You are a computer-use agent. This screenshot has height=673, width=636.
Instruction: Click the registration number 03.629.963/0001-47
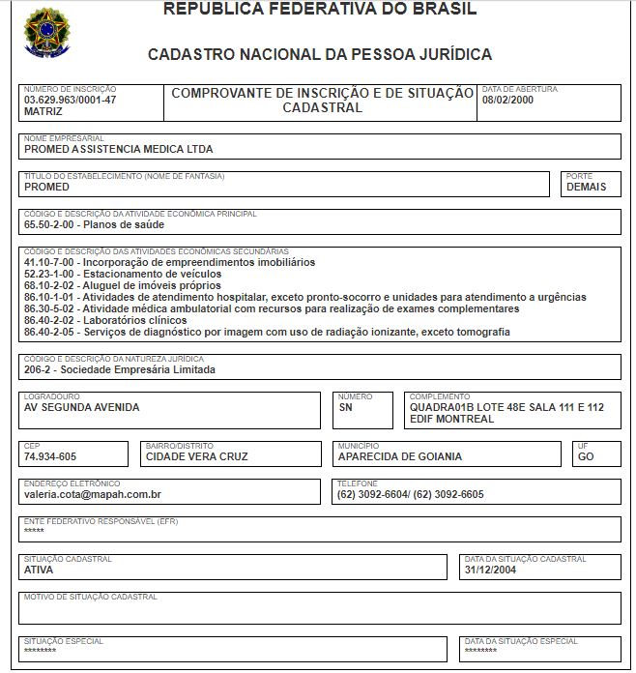click(70, 100)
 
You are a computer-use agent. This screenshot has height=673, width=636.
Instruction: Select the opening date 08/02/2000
click(507, 100)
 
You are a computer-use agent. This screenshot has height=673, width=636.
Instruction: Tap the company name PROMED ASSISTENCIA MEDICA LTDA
click(119, 150)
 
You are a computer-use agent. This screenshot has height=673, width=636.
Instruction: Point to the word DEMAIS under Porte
click(587, 187)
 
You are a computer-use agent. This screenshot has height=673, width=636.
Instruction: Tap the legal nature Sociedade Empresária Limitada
click(120, 369)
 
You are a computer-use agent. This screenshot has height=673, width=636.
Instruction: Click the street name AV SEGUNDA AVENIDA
click(82, 407)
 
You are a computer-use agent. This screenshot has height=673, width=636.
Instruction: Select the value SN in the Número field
click(346, 407)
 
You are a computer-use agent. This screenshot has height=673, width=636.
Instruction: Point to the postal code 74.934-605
click(50, 456)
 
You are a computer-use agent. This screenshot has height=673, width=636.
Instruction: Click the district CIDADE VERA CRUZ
click(196, 456)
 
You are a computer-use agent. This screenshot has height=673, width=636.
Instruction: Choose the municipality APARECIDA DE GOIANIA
click(400, 456)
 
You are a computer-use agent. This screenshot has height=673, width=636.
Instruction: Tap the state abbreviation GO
click(586, 456)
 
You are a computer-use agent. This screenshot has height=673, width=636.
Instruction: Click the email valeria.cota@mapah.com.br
click(93, 494)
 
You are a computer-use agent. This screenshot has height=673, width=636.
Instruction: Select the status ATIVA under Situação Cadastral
click(39, 570)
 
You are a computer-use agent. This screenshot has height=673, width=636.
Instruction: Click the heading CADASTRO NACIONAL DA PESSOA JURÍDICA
click(320, 55)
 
